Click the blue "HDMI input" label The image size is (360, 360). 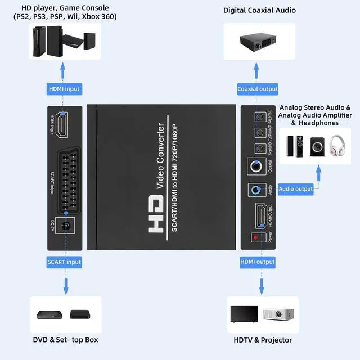64,89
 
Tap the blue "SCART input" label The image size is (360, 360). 64,262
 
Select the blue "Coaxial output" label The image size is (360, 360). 258,89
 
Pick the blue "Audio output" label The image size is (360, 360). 296,189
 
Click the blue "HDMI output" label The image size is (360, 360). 258,262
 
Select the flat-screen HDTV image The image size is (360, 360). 244,314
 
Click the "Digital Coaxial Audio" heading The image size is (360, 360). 259,10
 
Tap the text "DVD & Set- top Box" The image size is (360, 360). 66,340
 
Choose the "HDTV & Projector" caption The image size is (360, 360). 263,340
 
